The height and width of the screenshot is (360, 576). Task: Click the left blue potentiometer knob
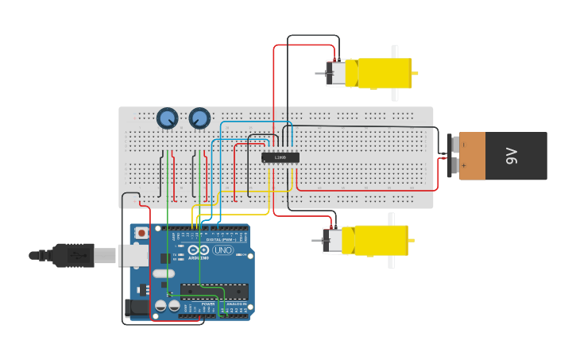pyautogui.click(x=167, y=118)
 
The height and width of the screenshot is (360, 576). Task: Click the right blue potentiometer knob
pyautogui.click(x=199, y=118)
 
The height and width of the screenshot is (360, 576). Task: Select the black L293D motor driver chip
pyautogui.click(x=280, y=157)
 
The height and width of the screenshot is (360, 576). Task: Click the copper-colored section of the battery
pyautogui.click(x=472, y=156)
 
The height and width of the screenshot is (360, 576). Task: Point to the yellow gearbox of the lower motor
pyautogui.click(x=381, y=240)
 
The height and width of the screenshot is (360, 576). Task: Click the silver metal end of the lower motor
pyautogui.click(x=333, y=240)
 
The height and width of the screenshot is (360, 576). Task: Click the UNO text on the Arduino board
pyautogui.click(x=222, y=250)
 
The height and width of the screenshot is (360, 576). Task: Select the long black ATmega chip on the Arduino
pyautogui.click(x=214, y=291)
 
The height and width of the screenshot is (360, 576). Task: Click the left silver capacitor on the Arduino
pyautogui.click(x=160, y=305)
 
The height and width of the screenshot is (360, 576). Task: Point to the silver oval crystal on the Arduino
pyautogui.click(x=164, y=273)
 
